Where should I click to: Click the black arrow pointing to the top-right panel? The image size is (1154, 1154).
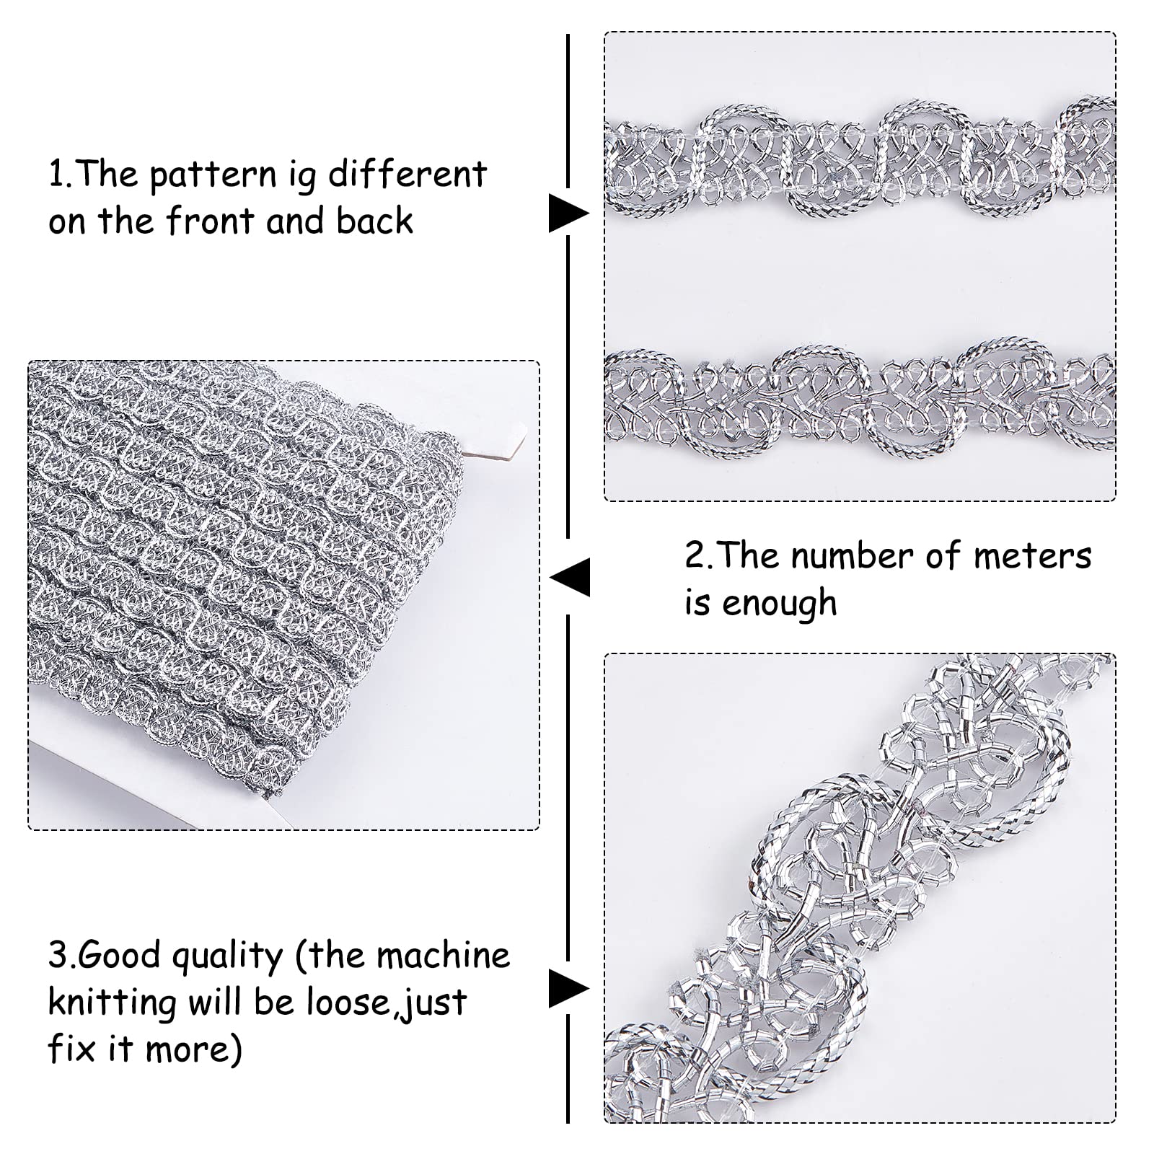pyautogui.click(x=568, y=213)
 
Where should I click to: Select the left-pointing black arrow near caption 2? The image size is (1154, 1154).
pyautogui.click(x=571, y=577)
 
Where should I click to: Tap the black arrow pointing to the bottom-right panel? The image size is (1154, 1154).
pyautogui.click(x=568, y=988)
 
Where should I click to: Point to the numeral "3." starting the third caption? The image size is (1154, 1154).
pyautogui.click(x=61, y=956)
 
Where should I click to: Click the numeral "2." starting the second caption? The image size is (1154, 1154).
pyautogui.click(x=697, y=557)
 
